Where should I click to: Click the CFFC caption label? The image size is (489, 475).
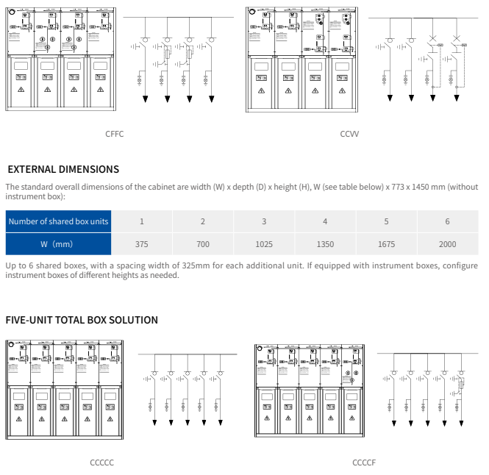click(x=114, y=134)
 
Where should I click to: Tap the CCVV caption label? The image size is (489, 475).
click(x=349, y=134)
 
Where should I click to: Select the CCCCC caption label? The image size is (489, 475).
click(x=101, y=463)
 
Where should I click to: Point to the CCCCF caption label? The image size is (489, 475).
click(x=364, y=463)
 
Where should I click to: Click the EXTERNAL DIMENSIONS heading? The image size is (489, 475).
click(x=63, y=169)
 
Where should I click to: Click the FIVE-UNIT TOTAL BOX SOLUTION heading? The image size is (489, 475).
click(x=82, y=320)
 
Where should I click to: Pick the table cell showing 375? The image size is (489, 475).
click(x=142, y=244)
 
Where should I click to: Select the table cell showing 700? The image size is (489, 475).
click(x=203, y=244)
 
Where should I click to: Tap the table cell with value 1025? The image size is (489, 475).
click(x=264, y=244)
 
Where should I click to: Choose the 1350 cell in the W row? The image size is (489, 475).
click(x=325, y=244)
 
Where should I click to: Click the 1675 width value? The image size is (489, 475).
click(x=386, y=244)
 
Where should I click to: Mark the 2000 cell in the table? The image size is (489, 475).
click(x=447, y=244)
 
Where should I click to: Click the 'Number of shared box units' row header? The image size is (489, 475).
click(x=58, y=221)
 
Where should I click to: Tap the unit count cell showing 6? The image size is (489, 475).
click(x=447, y=221)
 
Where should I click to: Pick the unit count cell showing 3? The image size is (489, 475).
click(x=264, y=221)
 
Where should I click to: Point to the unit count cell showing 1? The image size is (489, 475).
click(x=142, y=221)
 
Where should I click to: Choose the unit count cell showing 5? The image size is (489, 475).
click(x=386, y=221)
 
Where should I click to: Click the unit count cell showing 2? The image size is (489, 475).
click(x=203, y=221)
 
